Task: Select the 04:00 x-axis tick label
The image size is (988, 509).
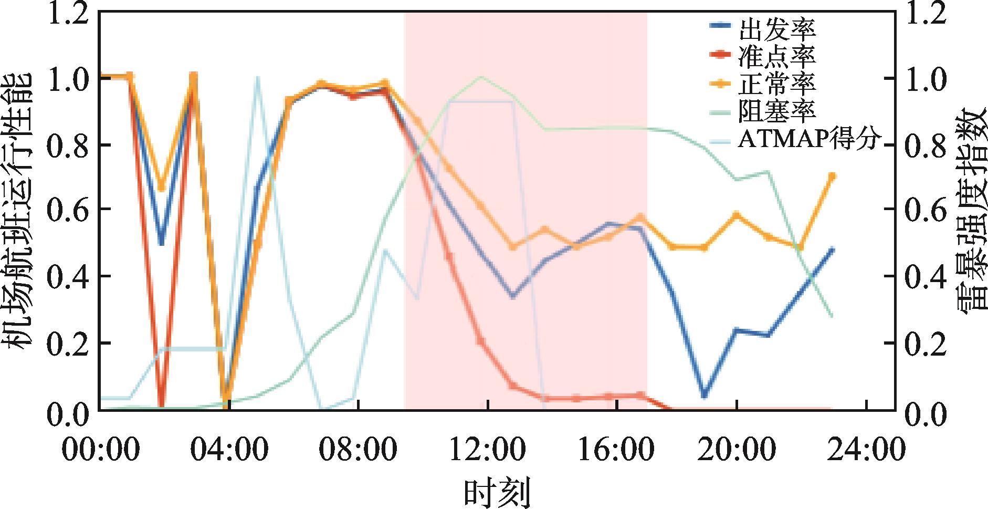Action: coord(230,451)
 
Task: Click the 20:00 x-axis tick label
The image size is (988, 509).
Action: coord(738,451)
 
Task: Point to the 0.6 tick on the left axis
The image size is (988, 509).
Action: coord(67,210)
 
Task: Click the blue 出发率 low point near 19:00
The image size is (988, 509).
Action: coord(705,395)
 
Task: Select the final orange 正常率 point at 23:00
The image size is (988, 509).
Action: coord(832,176)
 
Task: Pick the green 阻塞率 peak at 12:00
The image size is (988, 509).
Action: coord(481,77)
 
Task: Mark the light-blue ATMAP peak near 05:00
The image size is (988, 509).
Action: coord(257,78)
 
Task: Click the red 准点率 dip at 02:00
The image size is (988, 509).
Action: coord(162,404)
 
